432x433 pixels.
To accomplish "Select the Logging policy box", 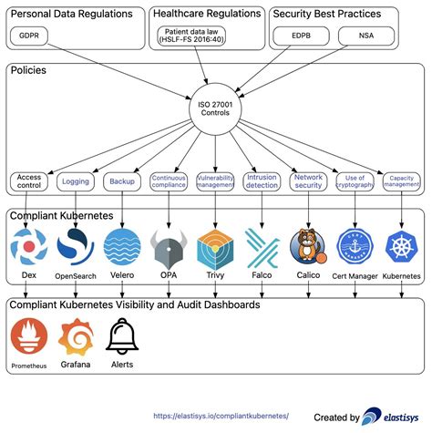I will coord(76,180).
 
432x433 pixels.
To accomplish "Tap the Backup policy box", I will coord(122,180).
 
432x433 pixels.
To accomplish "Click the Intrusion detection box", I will coord(262,180).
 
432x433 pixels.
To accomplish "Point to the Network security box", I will coord(309,180).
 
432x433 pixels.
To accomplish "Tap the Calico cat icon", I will coord(308,245).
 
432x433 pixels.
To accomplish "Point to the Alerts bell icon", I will coord(122,336).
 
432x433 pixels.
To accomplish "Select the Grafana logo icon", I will coord(77,336).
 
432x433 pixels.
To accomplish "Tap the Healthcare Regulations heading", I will coord(206,14).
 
